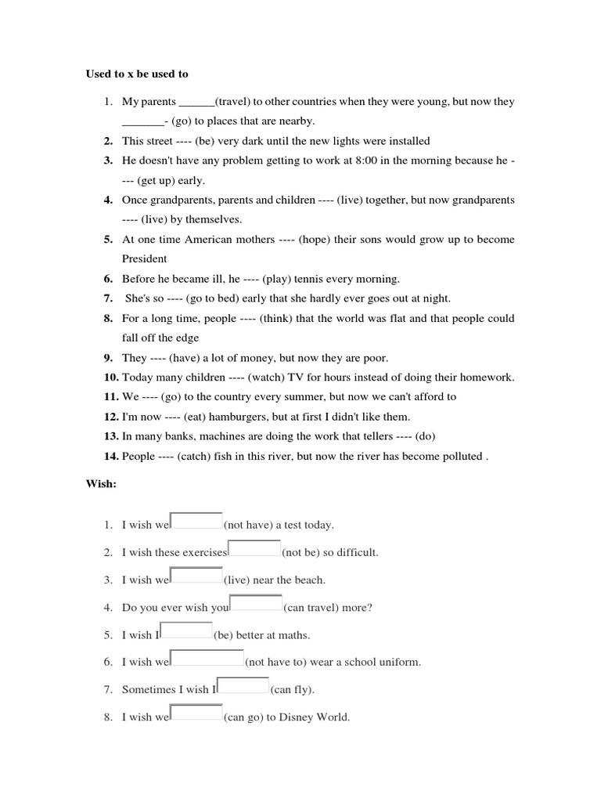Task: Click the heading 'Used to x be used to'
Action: tap(137, 74)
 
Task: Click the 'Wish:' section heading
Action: tap(100, 484)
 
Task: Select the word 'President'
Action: tap(145, 258)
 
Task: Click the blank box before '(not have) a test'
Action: tap(196, 521)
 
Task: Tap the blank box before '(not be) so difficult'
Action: tap(254, 548)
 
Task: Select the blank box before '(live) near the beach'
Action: tap(196, 576)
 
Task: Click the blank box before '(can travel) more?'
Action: tap(256, 603)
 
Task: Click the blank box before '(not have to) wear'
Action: tap(207, 658)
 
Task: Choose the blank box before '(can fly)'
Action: tap(243, 685)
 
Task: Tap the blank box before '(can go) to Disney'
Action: tap(196, 713)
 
